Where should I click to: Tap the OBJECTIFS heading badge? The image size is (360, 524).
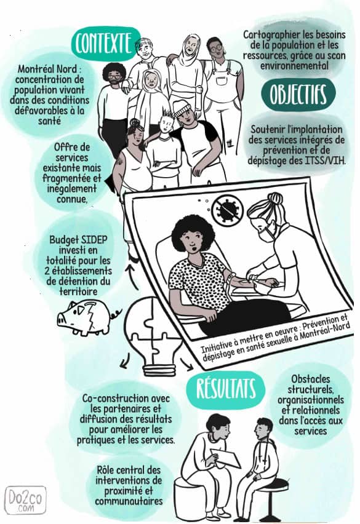click(x=298, y=94)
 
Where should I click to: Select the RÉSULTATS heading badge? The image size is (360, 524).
click(x=226, y=389)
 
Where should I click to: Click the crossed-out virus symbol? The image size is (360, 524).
click(x=229, y=210)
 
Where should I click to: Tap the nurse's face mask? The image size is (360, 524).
click(x=266, y=234)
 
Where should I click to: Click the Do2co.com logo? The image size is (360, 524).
click(x=25, y=500)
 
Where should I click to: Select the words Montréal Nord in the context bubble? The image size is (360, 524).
click(x=47, y=69)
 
